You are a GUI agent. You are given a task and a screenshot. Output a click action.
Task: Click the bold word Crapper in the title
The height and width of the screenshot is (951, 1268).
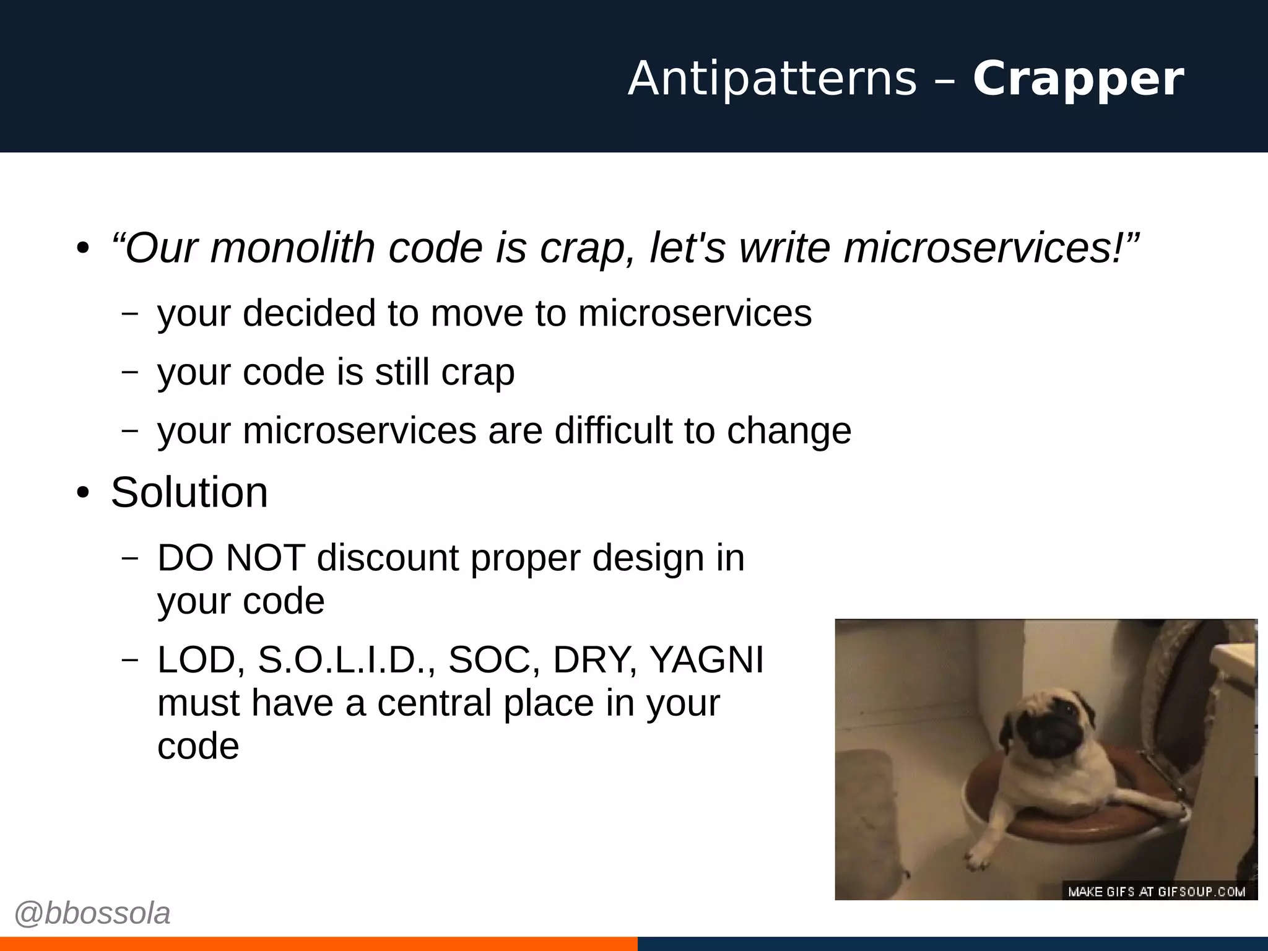1077,79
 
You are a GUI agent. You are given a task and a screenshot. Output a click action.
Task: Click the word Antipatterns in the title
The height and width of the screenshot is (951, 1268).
772,79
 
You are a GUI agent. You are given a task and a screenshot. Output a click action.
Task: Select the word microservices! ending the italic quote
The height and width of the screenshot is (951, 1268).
984,248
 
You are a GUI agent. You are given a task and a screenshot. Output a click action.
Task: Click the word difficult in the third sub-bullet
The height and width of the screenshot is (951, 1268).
613,431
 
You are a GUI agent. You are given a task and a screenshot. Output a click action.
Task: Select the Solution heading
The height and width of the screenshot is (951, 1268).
189,493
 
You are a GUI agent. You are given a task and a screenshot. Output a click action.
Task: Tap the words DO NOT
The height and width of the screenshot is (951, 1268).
231,558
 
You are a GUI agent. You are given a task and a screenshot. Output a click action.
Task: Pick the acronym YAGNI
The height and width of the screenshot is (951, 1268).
706,660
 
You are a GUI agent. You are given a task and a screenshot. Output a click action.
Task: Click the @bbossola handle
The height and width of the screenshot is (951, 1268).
92,914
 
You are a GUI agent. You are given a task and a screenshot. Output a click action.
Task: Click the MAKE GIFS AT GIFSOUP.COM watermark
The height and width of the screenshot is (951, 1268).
1157,892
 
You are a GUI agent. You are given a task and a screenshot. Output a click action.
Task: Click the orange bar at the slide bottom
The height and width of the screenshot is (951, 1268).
318,944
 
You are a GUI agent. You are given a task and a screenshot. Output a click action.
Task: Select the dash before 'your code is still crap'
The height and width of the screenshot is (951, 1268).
130,372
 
